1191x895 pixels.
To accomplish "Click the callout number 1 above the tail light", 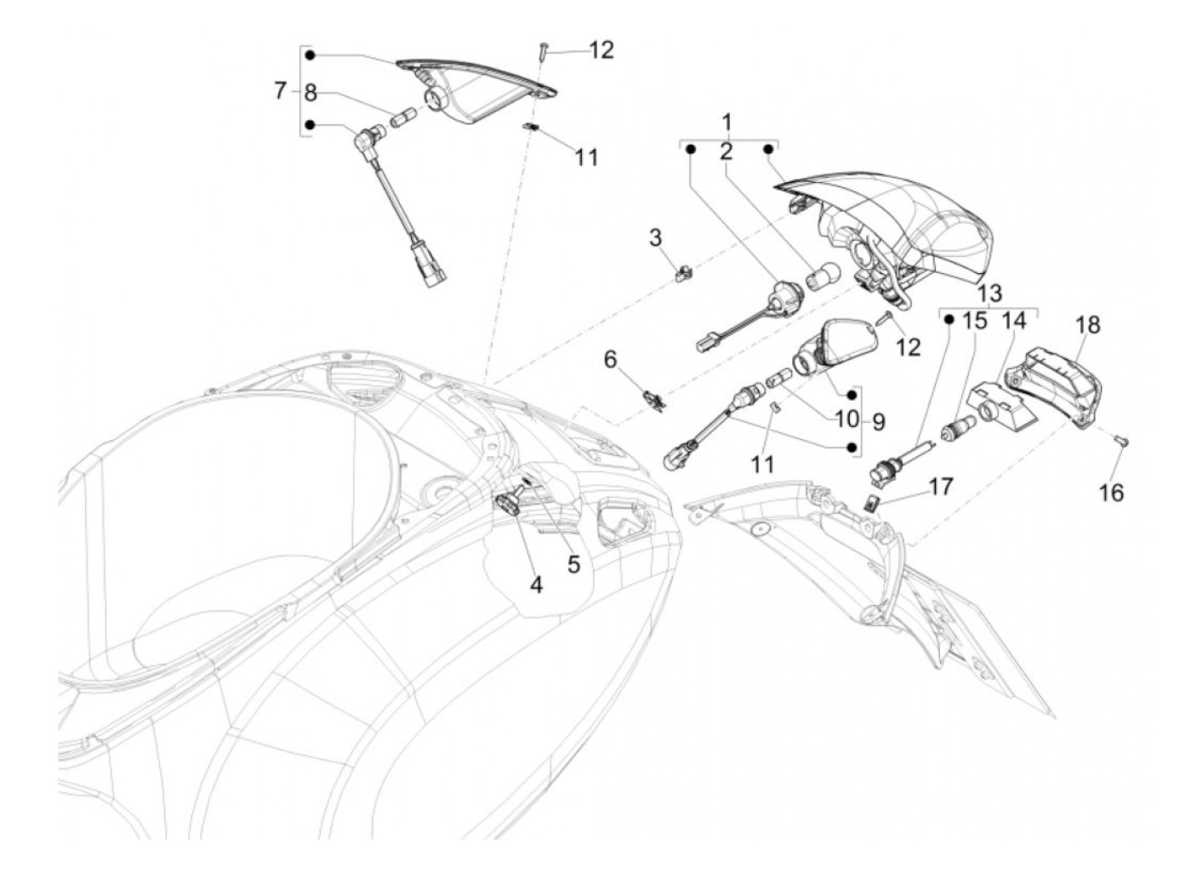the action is [x=727, y=122].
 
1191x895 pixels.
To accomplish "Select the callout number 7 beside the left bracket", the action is [x=280, y=91].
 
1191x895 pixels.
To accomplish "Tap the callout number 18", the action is [x=1087, y=325].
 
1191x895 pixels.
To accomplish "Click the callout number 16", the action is [x=1111, y=492].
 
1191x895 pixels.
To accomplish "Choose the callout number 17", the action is [x=941, y=487].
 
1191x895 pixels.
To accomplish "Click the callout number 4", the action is [x=536, y=584].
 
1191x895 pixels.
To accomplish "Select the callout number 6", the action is [x=634, y=360].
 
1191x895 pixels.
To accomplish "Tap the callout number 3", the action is [x=655, y=237].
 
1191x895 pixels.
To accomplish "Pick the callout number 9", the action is [x=877, y=421].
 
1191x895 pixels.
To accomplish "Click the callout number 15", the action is [x=975, y=322].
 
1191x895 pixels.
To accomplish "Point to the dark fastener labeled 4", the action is [x=511, y=505].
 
